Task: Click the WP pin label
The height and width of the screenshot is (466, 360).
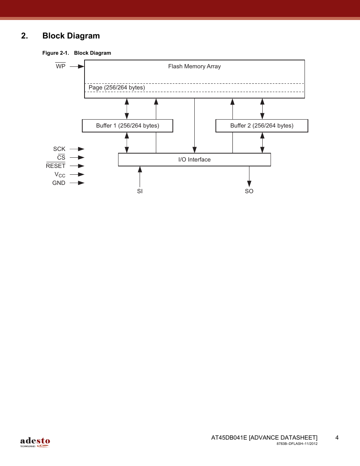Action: (x=60, y=66)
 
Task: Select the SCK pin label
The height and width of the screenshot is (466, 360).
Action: (x=59, y=149)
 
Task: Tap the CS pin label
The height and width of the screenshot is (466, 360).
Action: (x=61, y=158)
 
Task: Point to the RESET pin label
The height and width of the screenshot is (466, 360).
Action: (x=55, y=166)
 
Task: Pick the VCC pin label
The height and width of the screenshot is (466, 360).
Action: (x=60, y=175)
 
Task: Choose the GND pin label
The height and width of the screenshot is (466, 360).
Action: (x=59, y=183)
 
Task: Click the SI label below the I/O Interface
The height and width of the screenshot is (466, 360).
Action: (x=140, y=191)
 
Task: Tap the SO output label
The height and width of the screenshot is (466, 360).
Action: (x=249, y=191)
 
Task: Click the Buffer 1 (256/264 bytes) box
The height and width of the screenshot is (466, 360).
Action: (x=128, y=126)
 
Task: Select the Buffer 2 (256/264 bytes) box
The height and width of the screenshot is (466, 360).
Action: (x=262, y=126)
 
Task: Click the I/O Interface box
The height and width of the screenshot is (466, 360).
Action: (x=194, y=160)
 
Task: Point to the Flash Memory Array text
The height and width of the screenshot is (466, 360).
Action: (x=194, y=66)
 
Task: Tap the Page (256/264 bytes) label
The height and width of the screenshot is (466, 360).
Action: (x=117, y=88)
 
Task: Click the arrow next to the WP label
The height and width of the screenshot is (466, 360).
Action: (x=77, y=66)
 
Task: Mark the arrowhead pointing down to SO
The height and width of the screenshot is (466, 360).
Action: (x=249, y=183)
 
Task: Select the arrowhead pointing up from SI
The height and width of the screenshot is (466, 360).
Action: (x=140, y=169)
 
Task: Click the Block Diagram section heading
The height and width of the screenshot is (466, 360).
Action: (x=71, y=36)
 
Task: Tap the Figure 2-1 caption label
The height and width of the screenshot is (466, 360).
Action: (x=55, y=53)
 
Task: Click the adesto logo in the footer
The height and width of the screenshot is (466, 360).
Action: (x=35, y=442)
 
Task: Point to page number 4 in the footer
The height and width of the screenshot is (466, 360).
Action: (x=337, y=438)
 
